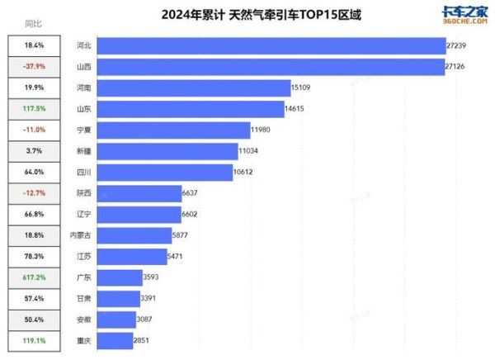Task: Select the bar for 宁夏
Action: [x=173, y=130]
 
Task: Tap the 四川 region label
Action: [x=82, y=173]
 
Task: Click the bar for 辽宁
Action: [x=139, y=215]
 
